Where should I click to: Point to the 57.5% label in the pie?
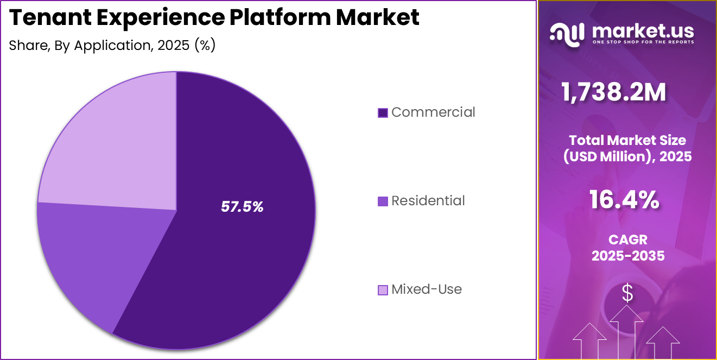(242, 206)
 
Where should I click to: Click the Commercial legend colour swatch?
(383, 113)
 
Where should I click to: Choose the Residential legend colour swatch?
(383, 201)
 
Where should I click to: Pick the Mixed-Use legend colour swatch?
(383, 290)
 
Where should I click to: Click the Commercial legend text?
(433, 112)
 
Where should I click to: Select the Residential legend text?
(428, 201)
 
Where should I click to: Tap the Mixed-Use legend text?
(426, 289)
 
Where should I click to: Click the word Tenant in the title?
(47, 18)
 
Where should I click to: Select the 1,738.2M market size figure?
(614, 93)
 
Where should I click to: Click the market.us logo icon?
(567, 33)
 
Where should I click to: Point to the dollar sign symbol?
(627, 293)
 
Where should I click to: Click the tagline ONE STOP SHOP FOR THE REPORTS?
(643, 42)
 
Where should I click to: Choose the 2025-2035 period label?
(628, 256)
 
